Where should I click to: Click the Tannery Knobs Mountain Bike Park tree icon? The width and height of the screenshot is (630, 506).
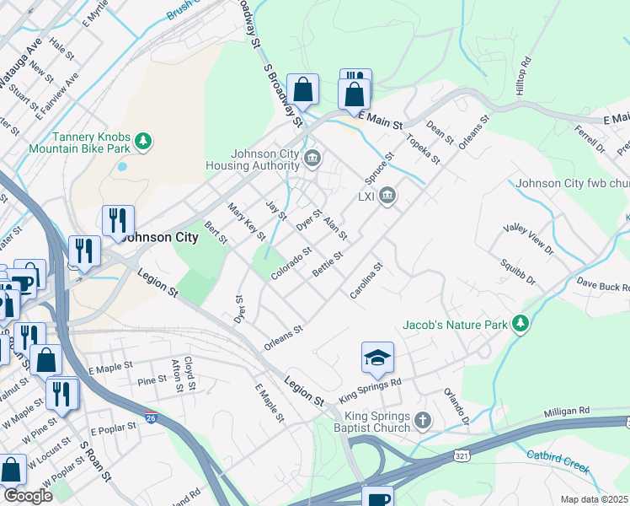[x=144, y=140]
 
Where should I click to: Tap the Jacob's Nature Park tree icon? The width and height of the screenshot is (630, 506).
[x=521, y=324]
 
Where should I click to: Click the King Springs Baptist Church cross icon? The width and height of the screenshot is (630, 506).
[x=424, y=420]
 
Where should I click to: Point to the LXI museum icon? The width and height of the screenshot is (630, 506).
[x=387, y=196]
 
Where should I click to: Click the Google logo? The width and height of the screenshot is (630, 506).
[x=27, y=496]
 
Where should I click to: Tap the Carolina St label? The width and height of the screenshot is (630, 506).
[x=367, y=280]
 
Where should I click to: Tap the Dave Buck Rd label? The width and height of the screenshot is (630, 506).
[x=602, y=286]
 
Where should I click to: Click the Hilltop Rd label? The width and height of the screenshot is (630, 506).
[x=524, y=76]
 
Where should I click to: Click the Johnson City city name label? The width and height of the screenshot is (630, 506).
[x=160, y=237]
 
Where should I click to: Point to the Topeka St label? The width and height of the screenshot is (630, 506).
[x=424, y=147]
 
